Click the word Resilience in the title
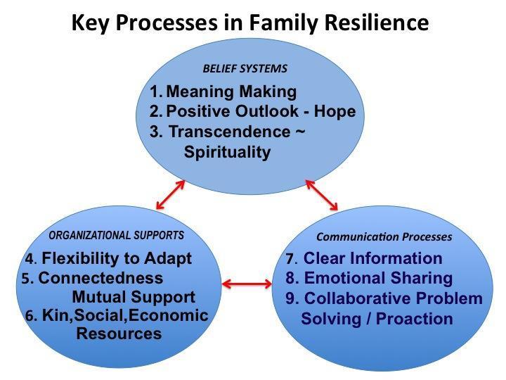[377, 23]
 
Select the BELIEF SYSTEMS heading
[245, 68]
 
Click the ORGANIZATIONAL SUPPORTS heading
[116, 235]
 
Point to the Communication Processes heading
[384, 237]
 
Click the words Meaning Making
[231, 91]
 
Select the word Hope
[335, 111]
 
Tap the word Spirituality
[227, 152]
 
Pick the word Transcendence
[230, 132]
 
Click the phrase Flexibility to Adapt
[117, 258]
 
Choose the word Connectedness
[100, 278]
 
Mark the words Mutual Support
[134, 297]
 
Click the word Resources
[119, 334]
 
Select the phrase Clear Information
[372, 258]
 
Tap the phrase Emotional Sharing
[378, 278]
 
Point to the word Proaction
[415, 319]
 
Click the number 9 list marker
[292, 298]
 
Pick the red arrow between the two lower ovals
[247, 284]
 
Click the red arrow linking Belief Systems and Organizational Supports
[170, 195]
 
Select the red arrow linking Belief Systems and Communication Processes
[321, 195]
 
